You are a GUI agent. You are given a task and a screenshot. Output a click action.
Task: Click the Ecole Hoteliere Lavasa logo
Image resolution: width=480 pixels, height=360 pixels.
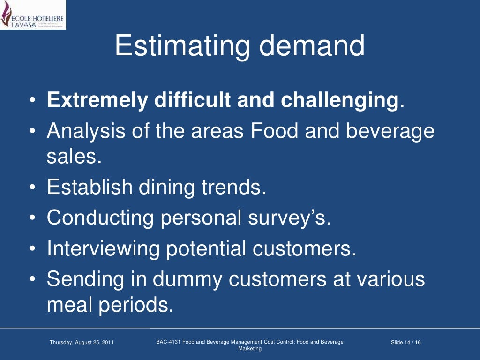pyautogui.click(x=33, y=15)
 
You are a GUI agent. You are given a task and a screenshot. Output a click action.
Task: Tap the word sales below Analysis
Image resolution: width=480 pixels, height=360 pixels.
pyautogui.click(x=74, y=156)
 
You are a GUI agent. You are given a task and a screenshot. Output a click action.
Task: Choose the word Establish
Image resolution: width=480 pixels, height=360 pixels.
pyautogui.click(x=90, y=187)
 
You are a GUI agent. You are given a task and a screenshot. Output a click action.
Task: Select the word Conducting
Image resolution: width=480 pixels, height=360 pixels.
pyautogui.click(x=100, y=218)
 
